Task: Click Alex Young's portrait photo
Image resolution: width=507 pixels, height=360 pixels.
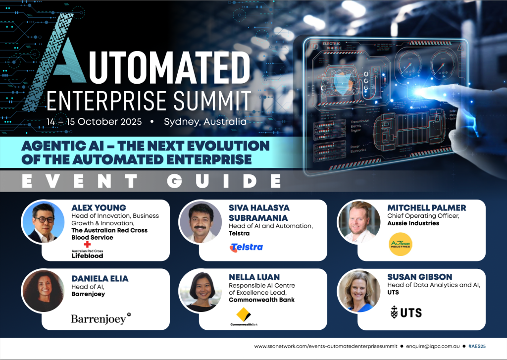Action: pos(43,222)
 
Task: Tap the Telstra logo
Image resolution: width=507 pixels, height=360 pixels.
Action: pos(246,247)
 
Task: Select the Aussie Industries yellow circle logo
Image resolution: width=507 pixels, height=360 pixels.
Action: pos(401,244)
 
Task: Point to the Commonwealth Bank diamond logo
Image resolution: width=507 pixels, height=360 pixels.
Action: pos(243,314)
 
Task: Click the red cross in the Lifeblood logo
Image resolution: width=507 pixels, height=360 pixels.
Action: pos(88,244)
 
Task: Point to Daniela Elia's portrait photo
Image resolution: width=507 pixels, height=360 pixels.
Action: pos(43,291)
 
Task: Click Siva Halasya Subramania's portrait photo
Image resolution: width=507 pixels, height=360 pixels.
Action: pos(200,222)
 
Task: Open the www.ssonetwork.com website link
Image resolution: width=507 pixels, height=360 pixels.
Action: pos(322,346)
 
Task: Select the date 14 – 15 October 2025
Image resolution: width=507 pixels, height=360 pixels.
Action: pos(94,121)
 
